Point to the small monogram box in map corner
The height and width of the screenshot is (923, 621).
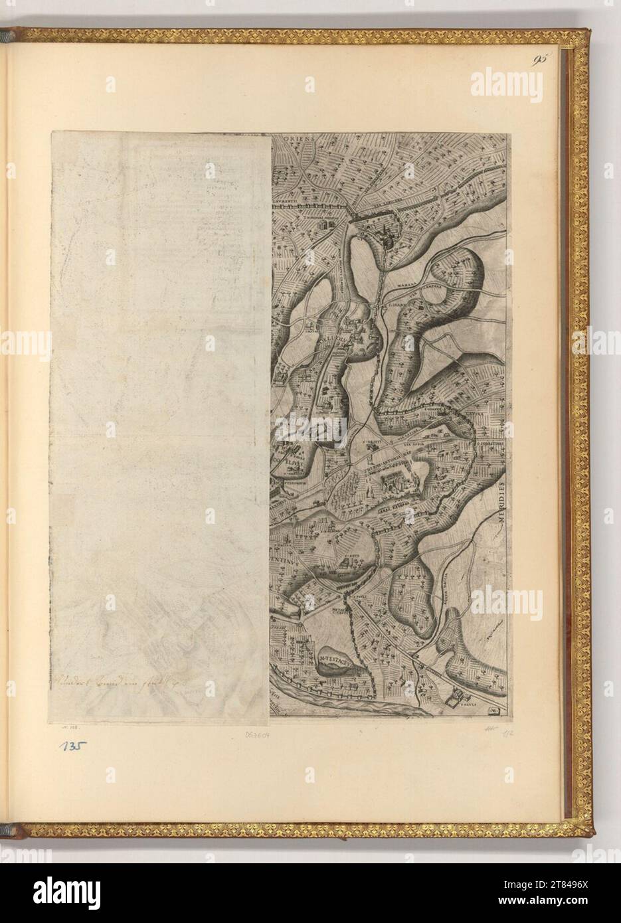coord(493,712)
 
